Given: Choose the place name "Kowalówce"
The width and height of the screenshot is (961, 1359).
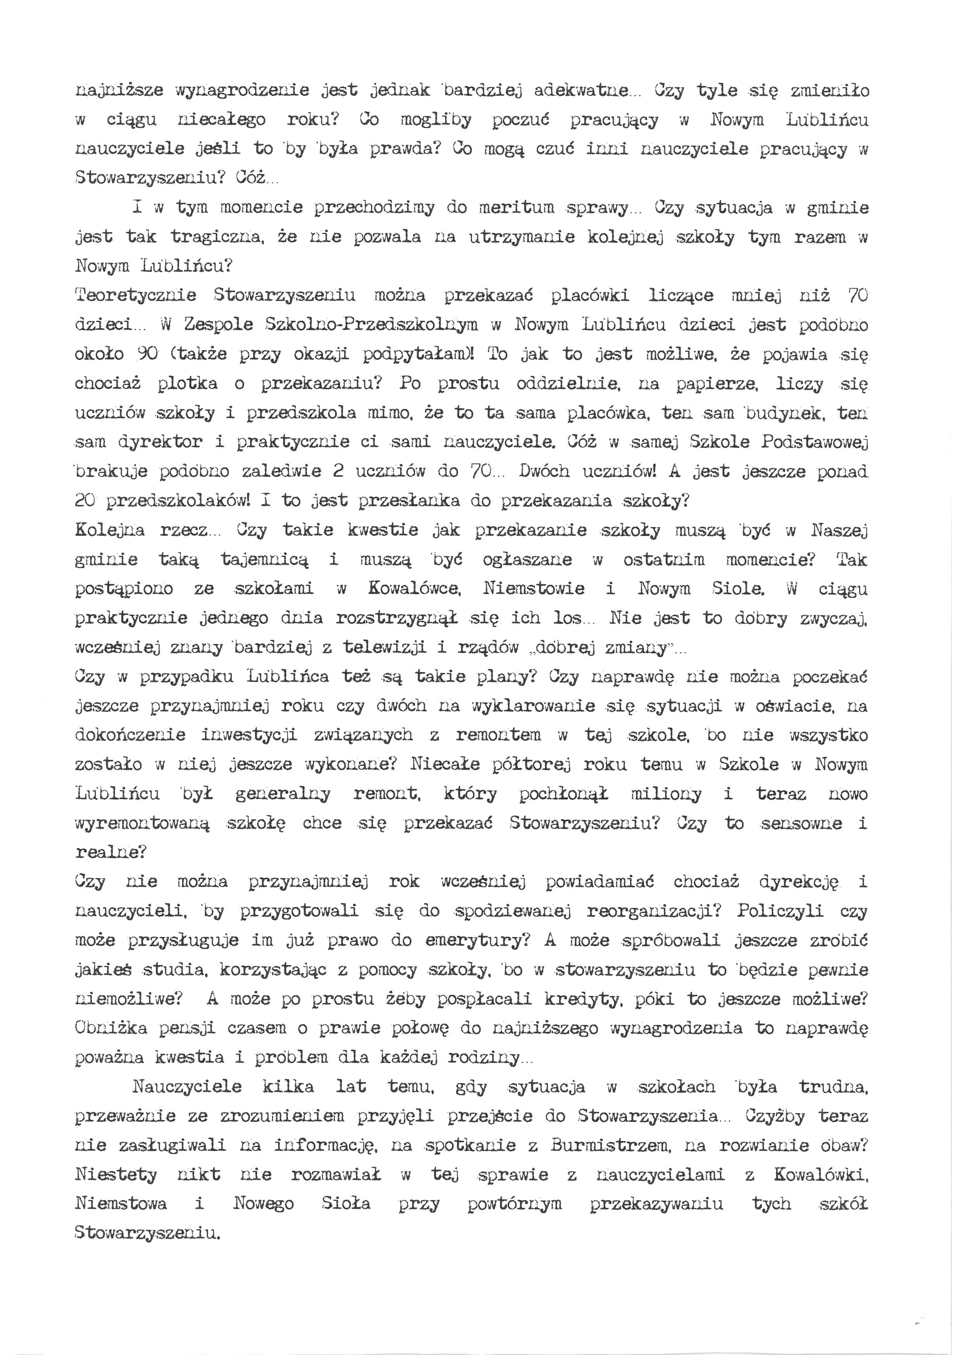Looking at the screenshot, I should click(x=413, y=589).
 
